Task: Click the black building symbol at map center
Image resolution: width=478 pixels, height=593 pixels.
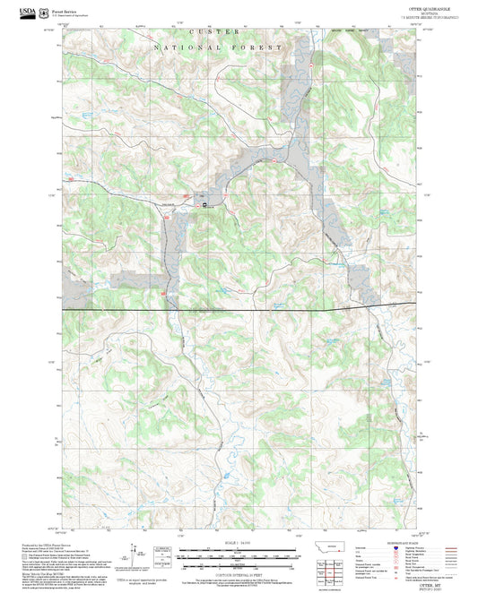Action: click(x=204, y=207)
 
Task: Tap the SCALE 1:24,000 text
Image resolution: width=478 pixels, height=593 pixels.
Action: click(x=239, y=544)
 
